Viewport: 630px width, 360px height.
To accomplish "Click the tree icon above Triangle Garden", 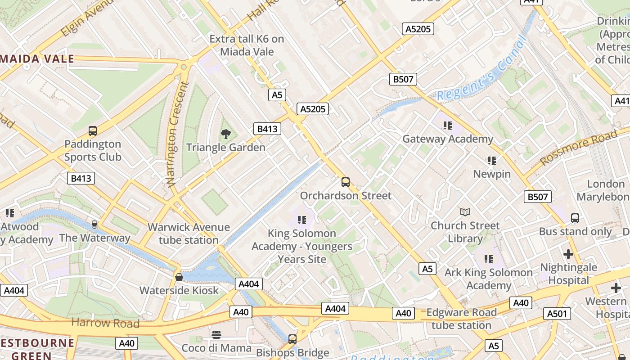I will click(x=225, y=134).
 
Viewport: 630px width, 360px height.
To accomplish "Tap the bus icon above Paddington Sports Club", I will click(x=92, y=131).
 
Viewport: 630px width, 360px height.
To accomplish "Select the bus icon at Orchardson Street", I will click(x=345, y=182).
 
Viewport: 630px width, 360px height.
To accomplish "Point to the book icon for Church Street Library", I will click(x=465, y=212).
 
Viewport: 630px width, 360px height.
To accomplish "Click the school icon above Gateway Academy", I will click(x=447, y=125).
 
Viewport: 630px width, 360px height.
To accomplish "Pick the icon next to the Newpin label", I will click(x=491, y=160).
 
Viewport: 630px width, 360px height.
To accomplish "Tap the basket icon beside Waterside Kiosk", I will click(x=179, y=277).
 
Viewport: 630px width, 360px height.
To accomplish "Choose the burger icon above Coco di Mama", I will click(x=216, y=334).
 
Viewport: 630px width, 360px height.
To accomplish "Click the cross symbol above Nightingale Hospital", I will click(x=568, y=254).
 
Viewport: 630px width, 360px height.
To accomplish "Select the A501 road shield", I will click(x=557, y=314).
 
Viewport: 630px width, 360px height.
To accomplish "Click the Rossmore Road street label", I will click(x=579, y=147).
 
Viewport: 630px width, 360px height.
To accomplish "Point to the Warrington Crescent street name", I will click(x=176, y=134).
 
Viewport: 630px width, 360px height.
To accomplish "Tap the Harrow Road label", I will click(x=105, y=323).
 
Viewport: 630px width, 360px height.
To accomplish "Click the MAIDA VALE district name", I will click(x=37, y=58).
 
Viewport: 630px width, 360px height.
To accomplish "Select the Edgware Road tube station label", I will click(x=461, y=319).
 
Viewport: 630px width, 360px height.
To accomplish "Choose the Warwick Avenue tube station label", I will click(x=189, y=234).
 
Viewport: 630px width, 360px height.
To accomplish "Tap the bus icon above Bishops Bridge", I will click(x=292, y=339).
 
